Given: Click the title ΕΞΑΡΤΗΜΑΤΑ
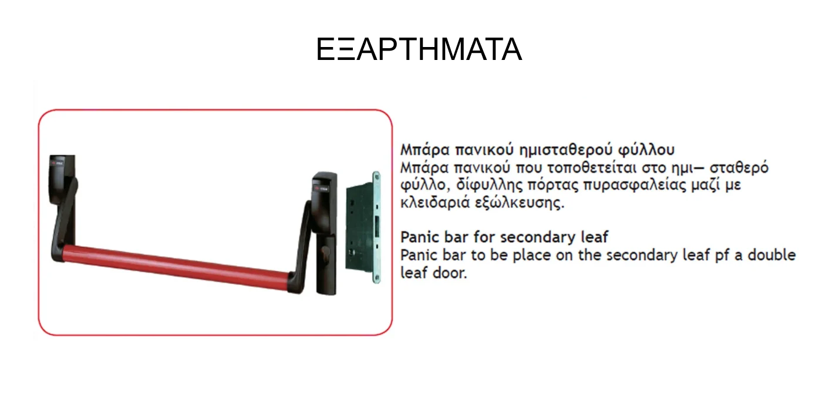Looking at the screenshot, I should coord(419,50).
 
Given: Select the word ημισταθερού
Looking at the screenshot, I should coord(564,149).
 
